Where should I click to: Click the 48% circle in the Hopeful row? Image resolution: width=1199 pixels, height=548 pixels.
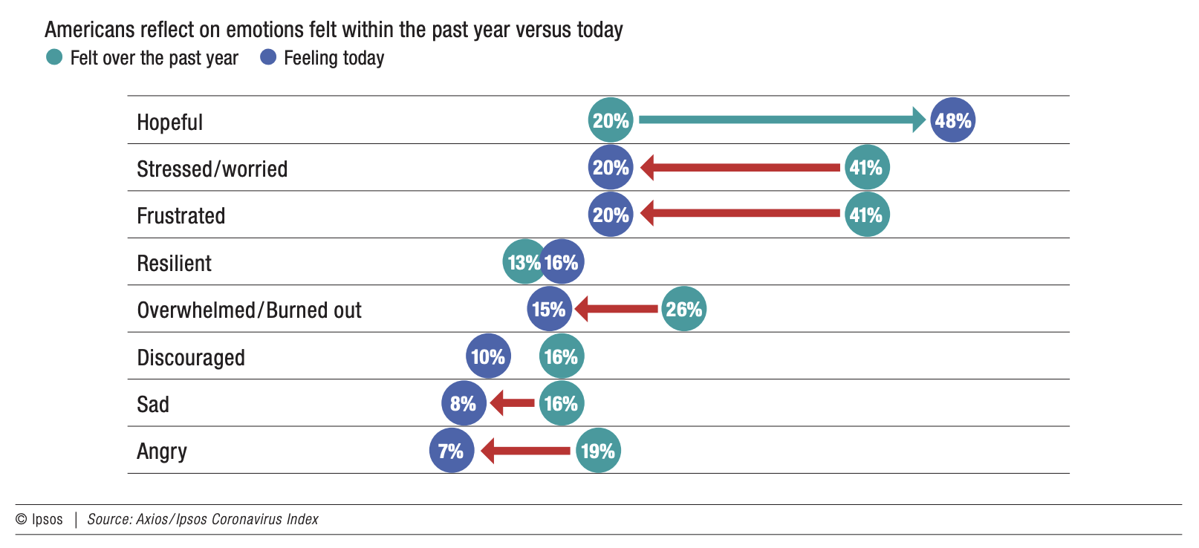[x=952, y=120]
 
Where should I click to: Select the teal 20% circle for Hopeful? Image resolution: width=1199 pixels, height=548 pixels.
[x=611, y=120]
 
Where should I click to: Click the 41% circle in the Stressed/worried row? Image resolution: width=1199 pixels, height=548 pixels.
[x=867, y=168]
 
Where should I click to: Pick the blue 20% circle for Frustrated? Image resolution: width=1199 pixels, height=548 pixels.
[x=611, y=215]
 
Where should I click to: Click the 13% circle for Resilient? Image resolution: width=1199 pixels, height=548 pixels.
[x=524, y=262]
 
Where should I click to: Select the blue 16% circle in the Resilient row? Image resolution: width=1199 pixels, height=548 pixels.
[x=562, y=262]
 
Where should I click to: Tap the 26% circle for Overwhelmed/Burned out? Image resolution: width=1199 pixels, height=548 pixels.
[x=683, y=309]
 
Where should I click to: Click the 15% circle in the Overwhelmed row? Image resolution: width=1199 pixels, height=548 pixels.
[x=549, y=309]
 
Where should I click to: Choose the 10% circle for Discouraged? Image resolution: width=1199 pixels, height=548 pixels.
[x=488, y=356]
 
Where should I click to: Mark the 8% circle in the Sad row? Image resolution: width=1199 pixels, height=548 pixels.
[x=464, y=403]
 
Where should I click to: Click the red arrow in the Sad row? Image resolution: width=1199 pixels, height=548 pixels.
[x=513, y=403]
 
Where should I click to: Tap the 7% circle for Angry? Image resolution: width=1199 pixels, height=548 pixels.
[x=451, y=451]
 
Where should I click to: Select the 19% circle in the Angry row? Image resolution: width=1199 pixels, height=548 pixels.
[x=598, y=451]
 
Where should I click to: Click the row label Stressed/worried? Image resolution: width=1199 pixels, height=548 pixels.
[x=212, y=169]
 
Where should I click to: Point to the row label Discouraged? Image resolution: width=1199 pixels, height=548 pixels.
[x=191, y=358]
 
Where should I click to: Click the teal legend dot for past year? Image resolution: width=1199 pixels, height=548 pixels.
[x=54, y=58]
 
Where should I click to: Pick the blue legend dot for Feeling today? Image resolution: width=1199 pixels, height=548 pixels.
[x=268, y=58]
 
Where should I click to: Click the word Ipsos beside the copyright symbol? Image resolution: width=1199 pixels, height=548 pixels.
[x=47, y=520]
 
